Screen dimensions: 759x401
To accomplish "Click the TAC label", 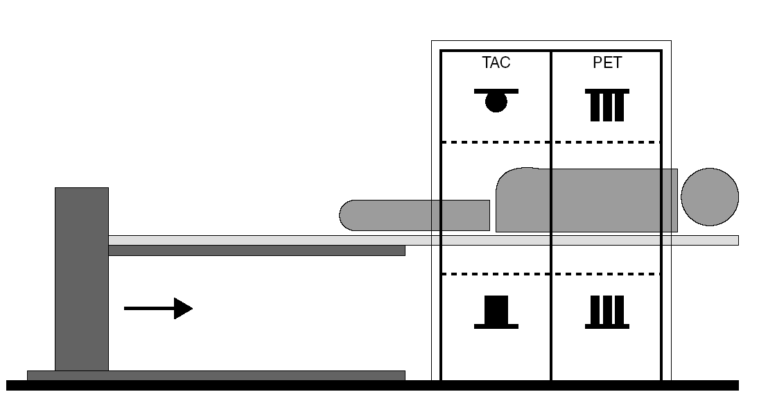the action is coord(496,63).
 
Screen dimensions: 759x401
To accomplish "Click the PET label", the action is coord(607,63).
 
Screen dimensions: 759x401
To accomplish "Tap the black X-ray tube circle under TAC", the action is coord(496,103).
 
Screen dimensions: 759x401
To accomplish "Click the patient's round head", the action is coord(710,196).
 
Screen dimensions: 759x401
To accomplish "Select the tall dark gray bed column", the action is coord(82,278).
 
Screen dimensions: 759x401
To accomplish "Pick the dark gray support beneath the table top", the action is coord(256,250).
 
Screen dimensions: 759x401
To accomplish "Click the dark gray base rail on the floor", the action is coord(216,375).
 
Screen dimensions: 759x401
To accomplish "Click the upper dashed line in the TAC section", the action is coord(496,142).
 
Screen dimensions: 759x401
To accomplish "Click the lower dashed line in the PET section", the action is coord(607,274).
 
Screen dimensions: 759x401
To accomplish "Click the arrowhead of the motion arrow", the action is coord(183,308).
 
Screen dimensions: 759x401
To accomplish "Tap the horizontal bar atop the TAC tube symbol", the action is coord(496,91).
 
